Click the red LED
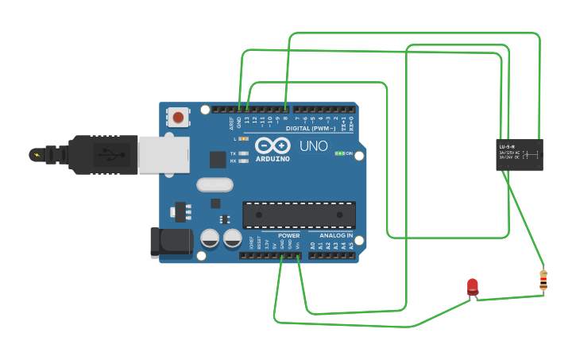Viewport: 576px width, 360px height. click(473, 286)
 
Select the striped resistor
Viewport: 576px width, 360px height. click(543, 280)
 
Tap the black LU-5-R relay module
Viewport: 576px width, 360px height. click(520, 154)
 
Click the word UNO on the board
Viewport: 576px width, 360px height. click(313, 146)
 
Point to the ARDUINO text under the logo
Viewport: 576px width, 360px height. click(273, 159)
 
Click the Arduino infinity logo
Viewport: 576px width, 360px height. click(273, 146)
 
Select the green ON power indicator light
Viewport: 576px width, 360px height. click(340, 153)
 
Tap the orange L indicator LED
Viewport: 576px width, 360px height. click(244, 138)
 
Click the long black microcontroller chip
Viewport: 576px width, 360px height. click(299, 215)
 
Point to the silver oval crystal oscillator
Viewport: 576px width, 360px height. click(215, 185)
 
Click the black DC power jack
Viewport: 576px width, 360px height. click(172, 242)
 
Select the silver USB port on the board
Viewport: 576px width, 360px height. click(164, 154)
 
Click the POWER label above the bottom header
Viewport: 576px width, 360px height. click(289, 236)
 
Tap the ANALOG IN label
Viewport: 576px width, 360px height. click(336, 236)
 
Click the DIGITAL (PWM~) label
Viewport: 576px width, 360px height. click(310, 128)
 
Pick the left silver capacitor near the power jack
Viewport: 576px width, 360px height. click(210, 238)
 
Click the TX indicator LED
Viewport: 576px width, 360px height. click(244, 153)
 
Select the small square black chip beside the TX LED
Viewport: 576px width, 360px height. click(218, 159)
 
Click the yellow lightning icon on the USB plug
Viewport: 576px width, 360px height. click(36, 154)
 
